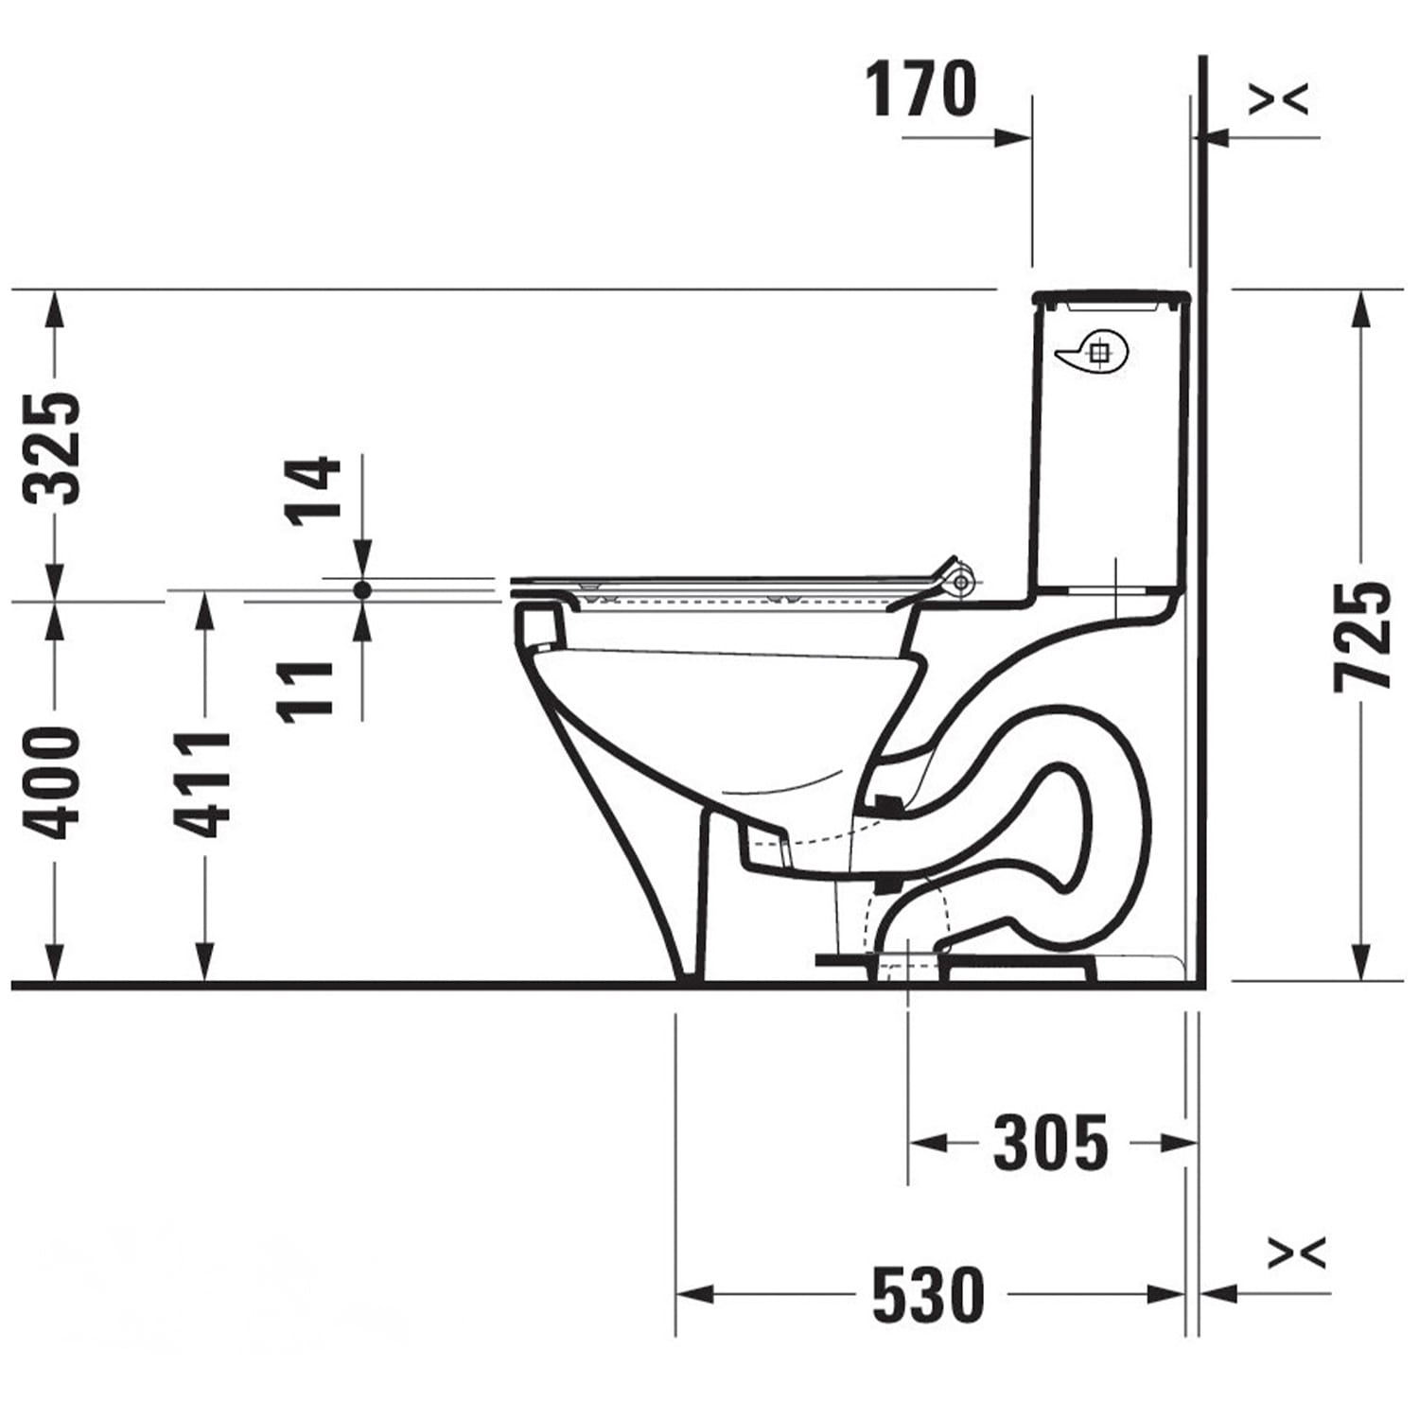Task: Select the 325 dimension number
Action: (x=53, y=447)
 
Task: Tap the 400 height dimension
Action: (x=53, y=782)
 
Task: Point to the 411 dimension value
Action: (x=202, y=784)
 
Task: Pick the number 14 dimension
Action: (x=313, y=490)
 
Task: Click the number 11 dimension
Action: (x=307, y=692)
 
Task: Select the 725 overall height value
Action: (x=1362, y=636)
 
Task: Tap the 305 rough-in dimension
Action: (x=1050, y=1143)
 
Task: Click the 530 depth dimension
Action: (x=928, y=1294)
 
